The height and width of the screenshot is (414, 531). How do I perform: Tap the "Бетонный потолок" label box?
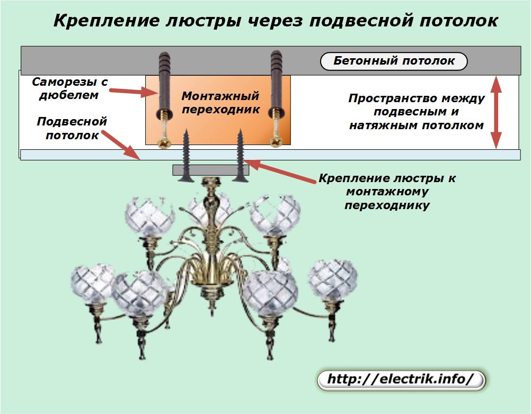click(x=394, y=61)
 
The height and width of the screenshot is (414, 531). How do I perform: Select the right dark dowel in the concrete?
click(x=277, y=85)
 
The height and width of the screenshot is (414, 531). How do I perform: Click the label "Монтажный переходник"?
click(x=220, y=103)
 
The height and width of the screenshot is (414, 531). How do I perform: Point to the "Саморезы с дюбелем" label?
click(x=70, y=88)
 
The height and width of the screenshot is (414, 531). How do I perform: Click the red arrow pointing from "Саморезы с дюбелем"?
click(x=132, y=91)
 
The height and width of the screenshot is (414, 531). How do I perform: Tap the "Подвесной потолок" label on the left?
click(x=72, y=128)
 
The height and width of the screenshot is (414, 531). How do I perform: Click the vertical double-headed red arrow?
click(x=496, y=112)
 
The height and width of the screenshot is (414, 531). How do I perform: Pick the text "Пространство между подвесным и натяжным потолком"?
click(x=417, y=112)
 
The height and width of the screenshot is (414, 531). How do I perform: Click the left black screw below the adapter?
click(x=185, y=156)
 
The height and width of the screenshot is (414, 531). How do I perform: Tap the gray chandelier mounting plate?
click(x=210, y=170)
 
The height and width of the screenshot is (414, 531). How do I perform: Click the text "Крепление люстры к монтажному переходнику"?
click(x=387, y=192)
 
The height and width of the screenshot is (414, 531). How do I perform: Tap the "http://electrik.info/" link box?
click(x=401, y=380)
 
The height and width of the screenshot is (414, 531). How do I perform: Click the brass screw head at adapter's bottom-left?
click(x=165, y=143)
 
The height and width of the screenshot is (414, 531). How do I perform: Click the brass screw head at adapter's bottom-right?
click(x=277, y=142)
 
